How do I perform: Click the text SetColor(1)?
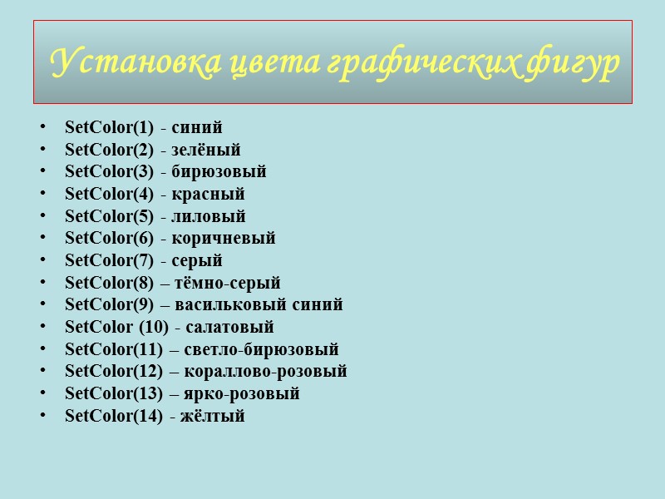[x=109, y=128]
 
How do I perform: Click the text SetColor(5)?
[x=109, y=217]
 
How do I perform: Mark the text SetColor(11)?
[x=114, y=349]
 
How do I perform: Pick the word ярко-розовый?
[x=247, y=393]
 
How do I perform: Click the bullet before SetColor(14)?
[x=42, y=416]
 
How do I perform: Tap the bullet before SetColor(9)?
[x=42, y=305]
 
